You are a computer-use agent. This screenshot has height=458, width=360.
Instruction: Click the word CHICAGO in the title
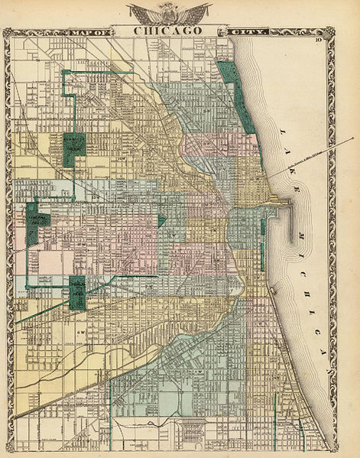(169, 30)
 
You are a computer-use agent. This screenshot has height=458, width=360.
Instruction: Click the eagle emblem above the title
(169, 13)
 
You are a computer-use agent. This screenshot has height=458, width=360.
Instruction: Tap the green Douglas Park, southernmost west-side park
(77, 292)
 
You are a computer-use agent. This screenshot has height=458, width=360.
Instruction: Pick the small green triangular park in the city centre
(161, 220)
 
